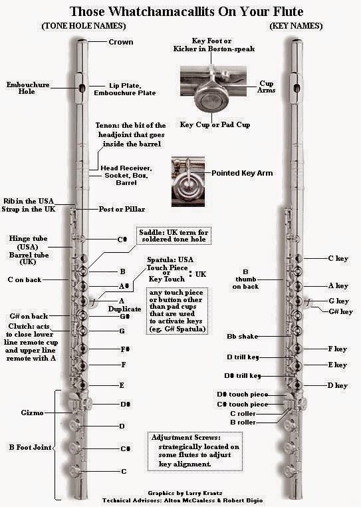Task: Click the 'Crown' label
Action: pyautogui.click(x=121, y=42)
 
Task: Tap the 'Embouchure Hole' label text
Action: pyautogui.click(x=28, y=88)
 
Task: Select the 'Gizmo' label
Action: pyautogui.click(x=32, y=413)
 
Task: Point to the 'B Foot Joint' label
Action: pyautogui.click(x=30, y=448)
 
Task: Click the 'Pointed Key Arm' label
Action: pyautogui.click(x=242, y=173)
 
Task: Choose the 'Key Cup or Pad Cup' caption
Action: pyautogui.click(x=215, y=124)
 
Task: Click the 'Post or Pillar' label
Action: pyautogui.click(x=122, y=209)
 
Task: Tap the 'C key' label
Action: pyautogui.click(x=338, y=258)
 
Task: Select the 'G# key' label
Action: pyautogui.click(x=340, y=311)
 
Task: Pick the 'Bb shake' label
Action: pyautogui.click(x=243, y=337)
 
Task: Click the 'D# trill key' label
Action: pyautogui.click(x=243, y=376)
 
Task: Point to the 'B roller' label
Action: pyautogui.click(x=243, y=422)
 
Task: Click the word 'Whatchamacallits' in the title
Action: pyautogui.click(x=162, y=11)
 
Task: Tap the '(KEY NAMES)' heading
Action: pyautogui.click(x=296, y=26)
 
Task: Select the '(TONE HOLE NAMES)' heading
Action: pyautogui.click(x=84, y=26)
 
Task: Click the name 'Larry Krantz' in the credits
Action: pyautogui.click(x=203, y=493)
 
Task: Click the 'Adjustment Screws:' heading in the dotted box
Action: pyautogui.click(x=186, y=438)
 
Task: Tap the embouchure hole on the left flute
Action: pyautogui.click(x=82, y=88)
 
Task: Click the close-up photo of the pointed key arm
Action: pyautogui.click(x=187, y=182)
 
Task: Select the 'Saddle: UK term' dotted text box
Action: pyautogui.click(x=174, y=236)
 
